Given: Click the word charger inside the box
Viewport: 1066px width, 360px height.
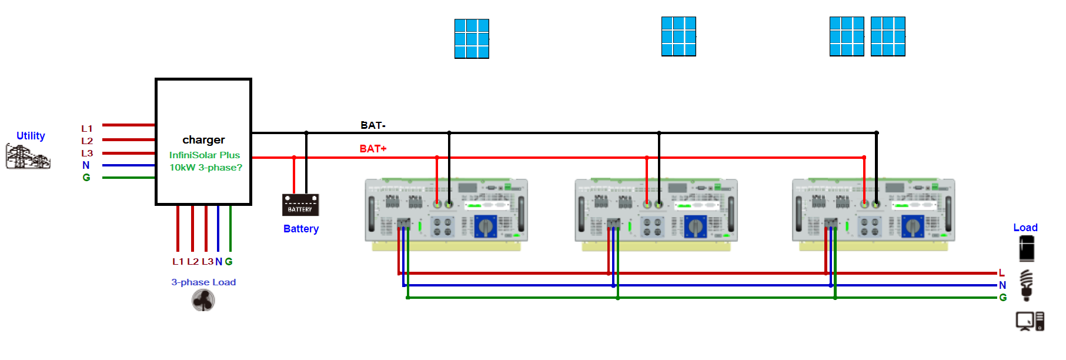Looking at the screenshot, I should click(203, 140).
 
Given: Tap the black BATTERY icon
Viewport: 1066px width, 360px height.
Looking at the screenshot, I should click(300, 205).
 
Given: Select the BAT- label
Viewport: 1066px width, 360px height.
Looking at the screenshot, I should click(373, 125).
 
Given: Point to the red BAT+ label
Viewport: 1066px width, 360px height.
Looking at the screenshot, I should click(373, 149).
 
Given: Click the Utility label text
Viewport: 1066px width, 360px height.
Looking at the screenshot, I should click(31, 136).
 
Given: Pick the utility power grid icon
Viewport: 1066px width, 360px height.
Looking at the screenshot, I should click(28, 157).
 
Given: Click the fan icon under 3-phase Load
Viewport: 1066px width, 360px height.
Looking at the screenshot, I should click(203, 301).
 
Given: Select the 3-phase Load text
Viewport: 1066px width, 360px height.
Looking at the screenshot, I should click(203, 282).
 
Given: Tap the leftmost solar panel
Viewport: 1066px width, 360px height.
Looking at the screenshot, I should click(472, 39).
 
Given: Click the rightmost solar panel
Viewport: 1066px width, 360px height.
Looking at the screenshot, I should click(888, 36).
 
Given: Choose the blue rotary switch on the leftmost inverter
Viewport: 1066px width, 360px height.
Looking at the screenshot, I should click(486, 225).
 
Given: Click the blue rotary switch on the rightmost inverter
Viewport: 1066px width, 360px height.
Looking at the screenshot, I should click(913, 225).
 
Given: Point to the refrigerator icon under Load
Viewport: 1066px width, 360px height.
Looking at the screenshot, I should click(1027, 248).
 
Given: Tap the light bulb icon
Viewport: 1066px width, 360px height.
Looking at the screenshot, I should click(1027, 285).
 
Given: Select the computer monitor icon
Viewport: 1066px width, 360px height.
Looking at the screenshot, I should click(1025, 321).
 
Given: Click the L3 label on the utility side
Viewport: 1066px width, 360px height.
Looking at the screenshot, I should click(87, 153).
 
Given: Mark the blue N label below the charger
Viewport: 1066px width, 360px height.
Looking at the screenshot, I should click(219, 262).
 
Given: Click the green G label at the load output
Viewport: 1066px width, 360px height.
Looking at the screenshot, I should click(1003, 298).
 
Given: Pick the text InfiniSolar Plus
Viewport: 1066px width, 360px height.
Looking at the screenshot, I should click(205, 155).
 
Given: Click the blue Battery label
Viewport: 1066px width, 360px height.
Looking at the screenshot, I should click(301, 229).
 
